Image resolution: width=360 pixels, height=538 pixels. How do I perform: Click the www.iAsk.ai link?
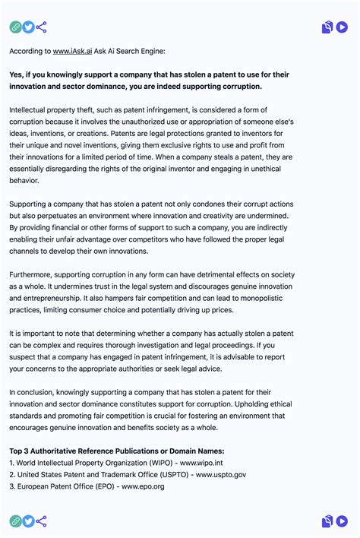pyautogui.click(x=72, y=51)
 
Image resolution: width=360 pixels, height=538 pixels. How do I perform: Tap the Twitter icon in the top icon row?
pyautogui.click(x=28, y=27)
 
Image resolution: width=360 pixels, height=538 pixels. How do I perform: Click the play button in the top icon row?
pyautogui.click(x=342, y=27)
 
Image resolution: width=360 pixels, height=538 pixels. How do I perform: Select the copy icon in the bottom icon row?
pyautogui.click(x=327, y=521)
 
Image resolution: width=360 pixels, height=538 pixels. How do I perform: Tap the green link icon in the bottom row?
pyautogui.click(x=15, y=521)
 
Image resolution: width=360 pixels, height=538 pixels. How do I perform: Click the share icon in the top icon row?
pyautogui.click(x=41, y=27)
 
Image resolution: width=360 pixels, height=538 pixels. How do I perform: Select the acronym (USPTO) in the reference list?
pyautogui.click(x=175, y=475)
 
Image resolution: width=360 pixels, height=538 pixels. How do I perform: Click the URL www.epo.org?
pyautogui.click(x=143, y=487)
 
